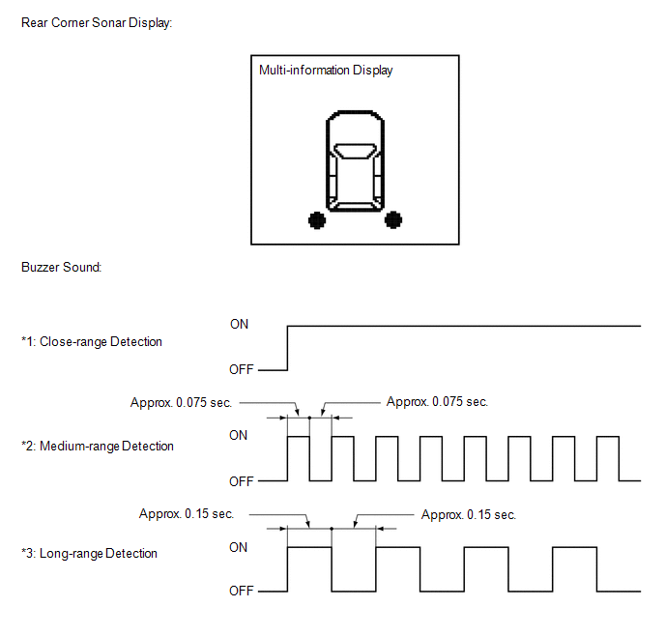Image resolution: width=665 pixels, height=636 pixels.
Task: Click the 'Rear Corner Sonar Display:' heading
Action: point(97,23)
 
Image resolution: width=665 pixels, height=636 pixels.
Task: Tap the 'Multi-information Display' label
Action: point(326,70)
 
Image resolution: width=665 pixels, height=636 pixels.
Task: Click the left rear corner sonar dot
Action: point(317,220)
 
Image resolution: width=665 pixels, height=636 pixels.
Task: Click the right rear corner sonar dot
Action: point(393,219)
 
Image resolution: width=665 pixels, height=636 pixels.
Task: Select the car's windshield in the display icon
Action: point(355,151)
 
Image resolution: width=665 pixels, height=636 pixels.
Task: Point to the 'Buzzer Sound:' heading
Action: point(62,267)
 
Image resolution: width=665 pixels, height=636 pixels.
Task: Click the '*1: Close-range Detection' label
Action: point(92,342)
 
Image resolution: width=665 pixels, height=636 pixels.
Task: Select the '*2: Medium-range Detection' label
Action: point(98,446)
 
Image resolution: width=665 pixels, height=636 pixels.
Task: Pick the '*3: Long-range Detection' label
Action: point(89,553)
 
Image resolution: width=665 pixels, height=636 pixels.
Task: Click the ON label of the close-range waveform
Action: point(239,325)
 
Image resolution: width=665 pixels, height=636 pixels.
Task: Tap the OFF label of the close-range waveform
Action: point(242,370)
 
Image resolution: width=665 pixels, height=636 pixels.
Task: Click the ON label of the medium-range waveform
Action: point(239,436)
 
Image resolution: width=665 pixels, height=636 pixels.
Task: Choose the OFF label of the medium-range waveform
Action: point(242,481)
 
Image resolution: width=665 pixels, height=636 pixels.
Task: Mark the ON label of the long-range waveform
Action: point(239,547)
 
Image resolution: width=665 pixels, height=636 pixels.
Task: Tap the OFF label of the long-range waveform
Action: point(242,592)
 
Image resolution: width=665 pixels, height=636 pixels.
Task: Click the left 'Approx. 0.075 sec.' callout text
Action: point(181,402)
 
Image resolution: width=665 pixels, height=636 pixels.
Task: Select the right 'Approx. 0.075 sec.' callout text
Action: point(437,401)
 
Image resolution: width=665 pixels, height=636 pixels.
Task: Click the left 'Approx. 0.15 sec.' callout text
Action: point(187,514)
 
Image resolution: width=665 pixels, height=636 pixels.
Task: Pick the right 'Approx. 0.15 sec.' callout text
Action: point(469,515)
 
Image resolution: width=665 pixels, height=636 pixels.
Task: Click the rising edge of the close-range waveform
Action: point(287,348)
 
